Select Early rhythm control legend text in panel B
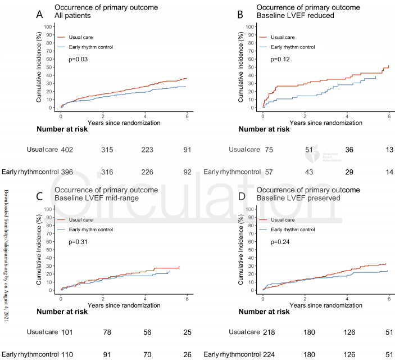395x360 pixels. point(290,47)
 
